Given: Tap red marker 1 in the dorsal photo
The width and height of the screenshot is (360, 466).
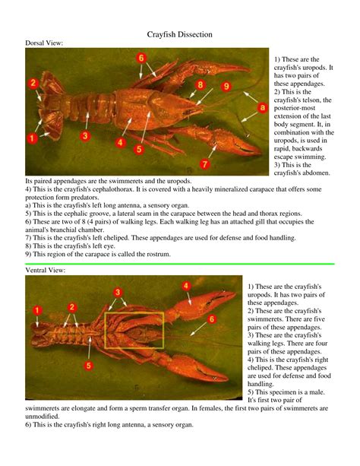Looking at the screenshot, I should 32,138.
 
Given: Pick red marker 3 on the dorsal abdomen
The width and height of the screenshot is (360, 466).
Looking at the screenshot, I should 85,135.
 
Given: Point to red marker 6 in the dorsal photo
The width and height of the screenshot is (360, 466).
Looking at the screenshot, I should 142,58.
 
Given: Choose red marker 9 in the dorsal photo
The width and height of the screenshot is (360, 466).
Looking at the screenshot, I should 226,87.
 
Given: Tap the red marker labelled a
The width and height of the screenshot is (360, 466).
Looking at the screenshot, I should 263,109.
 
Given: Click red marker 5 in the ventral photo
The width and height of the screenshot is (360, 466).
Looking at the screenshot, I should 89,366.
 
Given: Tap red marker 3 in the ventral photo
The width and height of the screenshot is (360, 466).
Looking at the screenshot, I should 118,292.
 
